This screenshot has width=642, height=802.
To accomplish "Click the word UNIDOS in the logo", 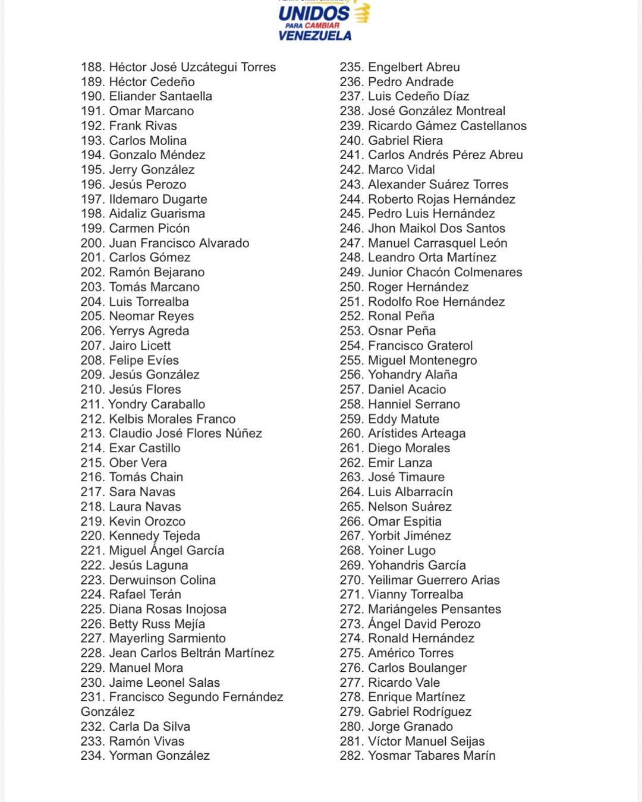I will point(314,13).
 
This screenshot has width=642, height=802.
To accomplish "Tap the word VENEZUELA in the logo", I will point(314,36).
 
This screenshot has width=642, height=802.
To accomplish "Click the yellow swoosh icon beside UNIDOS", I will point(361,12).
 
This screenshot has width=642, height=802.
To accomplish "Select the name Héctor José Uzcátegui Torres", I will point(192,67).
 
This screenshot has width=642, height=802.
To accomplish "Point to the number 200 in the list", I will point(92,243).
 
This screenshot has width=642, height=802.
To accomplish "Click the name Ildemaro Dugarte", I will point(158,199).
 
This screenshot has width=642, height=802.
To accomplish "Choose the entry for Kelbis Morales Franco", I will point(172,419).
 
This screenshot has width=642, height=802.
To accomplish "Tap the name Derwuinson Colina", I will point(162,580).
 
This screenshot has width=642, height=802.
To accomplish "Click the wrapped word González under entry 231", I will point(108,712).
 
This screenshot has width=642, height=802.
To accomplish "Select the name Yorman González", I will point(159,756).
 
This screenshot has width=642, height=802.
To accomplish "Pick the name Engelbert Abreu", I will point(414,67).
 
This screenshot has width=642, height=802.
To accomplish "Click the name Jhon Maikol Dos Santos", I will point(436,228).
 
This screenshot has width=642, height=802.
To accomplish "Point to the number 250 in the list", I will point(351,287).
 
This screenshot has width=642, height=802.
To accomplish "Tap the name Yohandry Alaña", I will point(413,375).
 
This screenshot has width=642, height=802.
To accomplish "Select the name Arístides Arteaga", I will point(417,434).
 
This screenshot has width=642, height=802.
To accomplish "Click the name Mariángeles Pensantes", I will point(435,610).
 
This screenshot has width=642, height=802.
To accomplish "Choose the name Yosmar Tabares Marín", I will point(432,756).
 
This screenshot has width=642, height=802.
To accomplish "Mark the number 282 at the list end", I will point(351,756).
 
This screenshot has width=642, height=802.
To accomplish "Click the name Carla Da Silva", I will point(149,727).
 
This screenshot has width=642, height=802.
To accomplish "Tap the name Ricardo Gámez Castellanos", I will point(447,126).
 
